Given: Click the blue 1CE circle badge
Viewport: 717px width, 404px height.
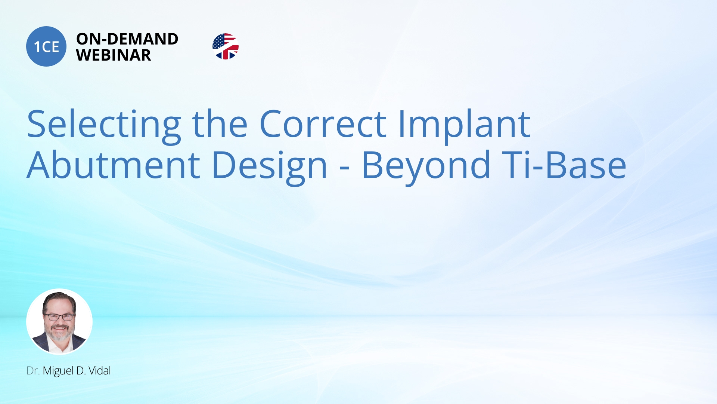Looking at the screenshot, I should coord(46,46).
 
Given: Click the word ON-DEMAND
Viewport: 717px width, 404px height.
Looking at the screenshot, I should coord(127,39).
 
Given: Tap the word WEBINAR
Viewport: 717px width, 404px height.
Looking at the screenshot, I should coord(114,55).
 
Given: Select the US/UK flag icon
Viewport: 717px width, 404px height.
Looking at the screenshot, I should coord(225,46).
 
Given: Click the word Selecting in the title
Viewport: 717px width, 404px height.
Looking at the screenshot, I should coord(104,125).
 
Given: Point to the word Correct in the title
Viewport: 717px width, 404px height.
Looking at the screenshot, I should coord(323,125).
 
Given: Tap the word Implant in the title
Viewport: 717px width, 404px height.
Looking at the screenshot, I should coord(464,125).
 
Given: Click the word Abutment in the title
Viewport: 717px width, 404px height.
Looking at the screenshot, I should coord(114,165).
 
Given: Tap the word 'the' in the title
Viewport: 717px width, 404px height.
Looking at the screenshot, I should coord(220,125).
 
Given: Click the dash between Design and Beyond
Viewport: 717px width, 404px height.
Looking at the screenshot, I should coord(345,167).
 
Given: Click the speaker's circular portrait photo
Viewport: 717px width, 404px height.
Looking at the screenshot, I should coord(59,321).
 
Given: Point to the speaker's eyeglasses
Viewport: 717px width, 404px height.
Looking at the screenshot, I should coord(59,317).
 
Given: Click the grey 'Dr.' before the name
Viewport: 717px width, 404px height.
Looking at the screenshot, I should coord(33,371).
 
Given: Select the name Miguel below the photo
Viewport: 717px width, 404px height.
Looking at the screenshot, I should coord(58,371).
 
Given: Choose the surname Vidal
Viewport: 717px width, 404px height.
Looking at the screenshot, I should coord(100,371).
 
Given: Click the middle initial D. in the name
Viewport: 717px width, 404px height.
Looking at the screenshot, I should coord(81,371).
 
